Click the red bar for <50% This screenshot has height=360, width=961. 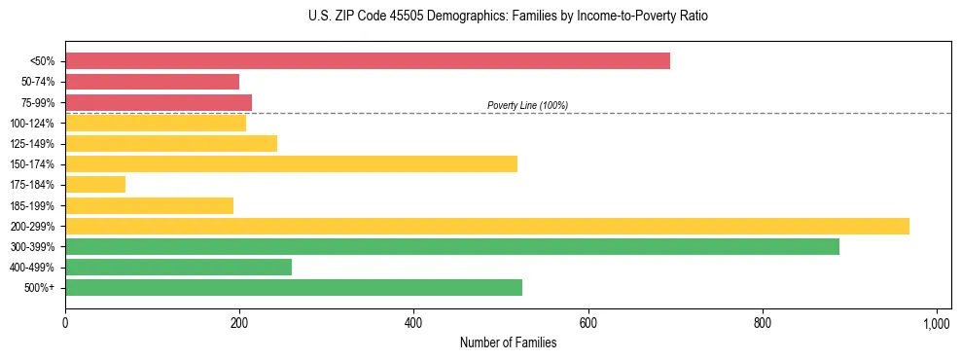pyautogui.click(x=368, y=61)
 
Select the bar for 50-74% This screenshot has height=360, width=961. pyautogui.click(x=152, y=82)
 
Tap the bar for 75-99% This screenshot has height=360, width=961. pyautogui.click(x=159, y=102)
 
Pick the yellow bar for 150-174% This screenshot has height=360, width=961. pyautogui.click(x=291, y=163)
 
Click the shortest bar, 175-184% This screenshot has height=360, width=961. pyautogui.click(x=95, y=184)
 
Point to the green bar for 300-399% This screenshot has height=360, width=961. pyautogui.click(x=452, y=246)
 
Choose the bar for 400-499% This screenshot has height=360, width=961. pyautogui.click(x=178, y=267)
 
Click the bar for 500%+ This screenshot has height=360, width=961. pyautogui.click(x=294, y=287)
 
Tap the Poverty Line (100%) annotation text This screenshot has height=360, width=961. pyautogui.click(x=527, y=105)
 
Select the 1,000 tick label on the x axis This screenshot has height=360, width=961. pyautogui.click(x=937, y=321)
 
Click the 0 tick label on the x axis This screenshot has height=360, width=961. pyautogui.click(x=65, y=321)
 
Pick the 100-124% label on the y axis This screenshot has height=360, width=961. pyautogui.click(x=32, y=124)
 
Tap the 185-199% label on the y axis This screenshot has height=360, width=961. pyautogui.click(x=32, y=205)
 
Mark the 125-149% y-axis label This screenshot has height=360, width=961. pyautogui.click(x=32, y=144)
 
